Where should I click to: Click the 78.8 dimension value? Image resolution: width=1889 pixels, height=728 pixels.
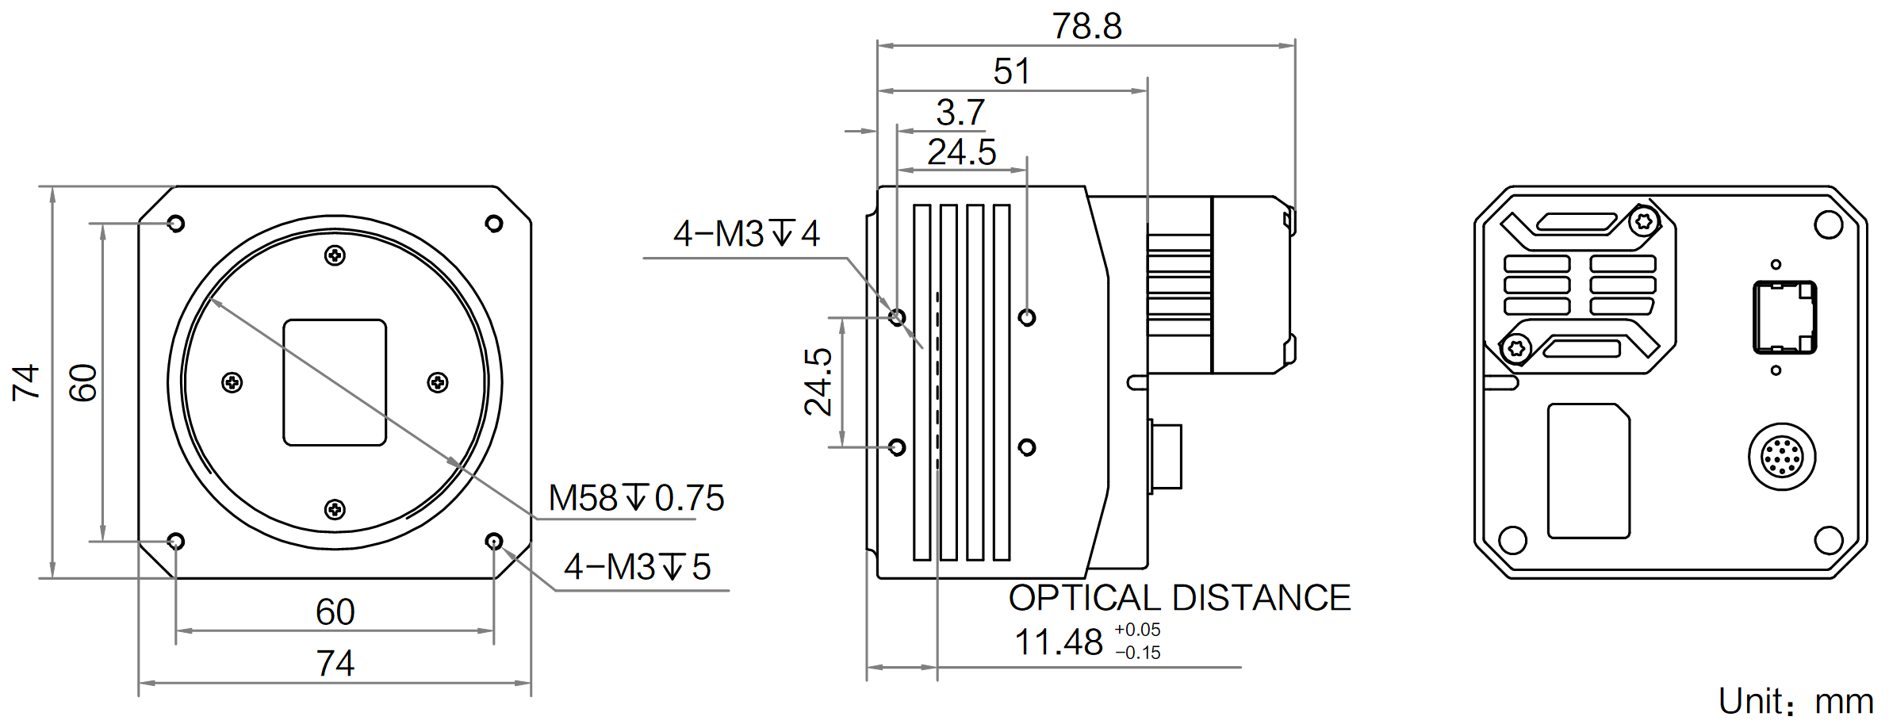click(1086, 26)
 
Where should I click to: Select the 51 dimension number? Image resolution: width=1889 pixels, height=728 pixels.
click(1012, 72)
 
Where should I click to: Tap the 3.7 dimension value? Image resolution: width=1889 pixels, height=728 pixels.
click(960, 113)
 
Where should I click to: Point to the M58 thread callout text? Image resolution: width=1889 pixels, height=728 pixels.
click(636, 498)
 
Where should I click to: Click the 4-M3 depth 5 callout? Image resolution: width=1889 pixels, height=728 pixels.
click(638, 567)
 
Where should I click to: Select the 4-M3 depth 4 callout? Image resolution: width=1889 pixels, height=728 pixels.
click(746, 234)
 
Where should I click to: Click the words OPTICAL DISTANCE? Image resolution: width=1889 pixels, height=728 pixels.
click(1179, 598)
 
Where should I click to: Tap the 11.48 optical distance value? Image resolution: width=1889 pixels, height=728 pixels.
click(1059, 642)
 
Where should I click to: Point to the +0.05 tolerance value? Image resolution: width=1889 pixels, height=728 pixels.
click(1137, 630)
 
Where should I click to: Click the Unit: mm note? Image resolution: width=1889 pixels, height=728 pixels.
click(1796, 702)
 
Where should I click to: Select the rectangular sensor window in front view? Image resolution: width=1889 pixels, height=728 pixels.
click(335, 382)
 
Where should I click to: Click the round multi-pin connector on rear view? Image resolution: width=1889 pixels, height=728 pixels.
click(1782, 457)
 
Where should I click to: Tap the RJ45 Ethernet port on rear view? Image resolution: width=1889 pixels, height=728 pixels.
click(1784, 317)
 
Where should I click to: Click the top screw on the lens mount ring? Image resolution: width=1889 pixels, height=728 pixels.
click(335, 255)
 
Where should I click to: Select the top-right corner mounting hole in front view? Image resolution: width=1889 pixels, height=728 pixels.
click(494, 224)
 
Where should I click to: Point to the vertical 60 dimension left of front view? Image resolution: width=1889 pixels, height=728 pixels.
click(83, 383)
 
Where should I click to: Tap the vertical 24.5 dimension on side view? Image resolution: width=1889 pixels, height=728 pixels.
click(818, 382)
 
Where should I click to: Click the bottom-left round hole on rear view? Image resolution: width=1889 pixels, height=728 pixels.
click(1513, 540)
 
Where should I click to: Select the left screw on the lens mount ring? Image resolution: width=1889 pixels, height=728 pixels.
click(232, 383)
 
